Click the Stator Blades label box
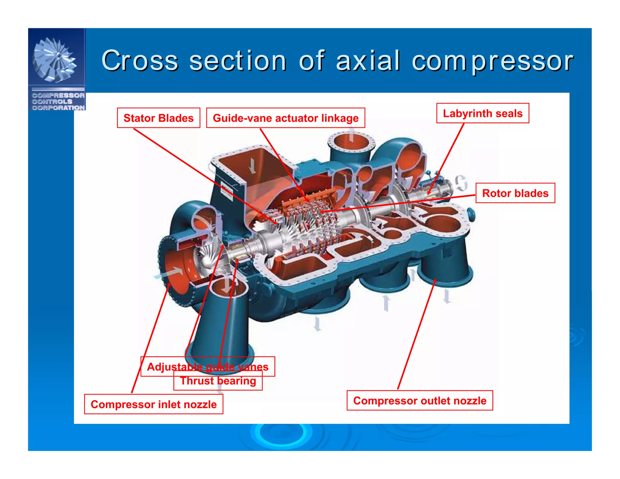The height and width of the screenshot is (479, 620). [x=158, y=118]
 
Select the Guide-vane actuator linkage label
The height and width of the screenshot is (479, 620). [x=285, y=118]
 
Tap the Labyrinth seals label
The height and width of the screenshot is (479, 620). [x=482, y=113]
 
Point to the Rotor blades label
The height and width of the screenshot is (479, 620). [x=515, y=193]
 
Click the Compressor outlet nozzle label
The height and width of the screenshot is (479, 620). [x=420, y=401]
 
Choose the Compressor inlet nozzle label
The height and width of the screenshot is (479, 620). [x=153, y=404]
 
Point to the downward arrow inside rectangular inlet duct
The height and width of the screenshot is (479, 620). [x=252, y=166]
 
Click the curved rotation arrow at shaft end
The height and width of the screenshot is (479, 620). [x=461, y=183]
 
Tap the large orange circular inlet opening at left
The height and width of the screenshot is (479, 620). [x=177, y=269]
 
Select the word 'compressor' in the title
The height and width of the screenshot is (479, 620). [x=492, y=61]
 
